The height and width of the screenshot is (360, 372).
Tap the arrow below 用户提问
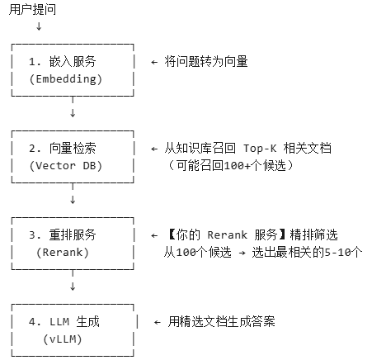pos(39,26)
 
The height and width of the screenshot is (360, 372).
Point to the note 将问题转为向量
pos(207,62)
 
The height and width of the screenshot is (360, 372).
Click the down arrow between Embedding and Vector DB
pos(73,111)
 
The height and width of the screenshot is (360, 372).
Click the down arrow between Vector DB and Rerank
pos(73,199)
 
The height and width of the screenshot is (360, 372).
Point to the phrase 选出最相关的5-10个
pos(309,252)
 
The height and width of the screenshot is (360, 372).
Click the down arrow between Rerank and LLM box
pos(73,286)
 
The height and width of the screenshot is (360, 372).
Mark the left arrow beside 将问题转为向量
pos(153,62)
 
